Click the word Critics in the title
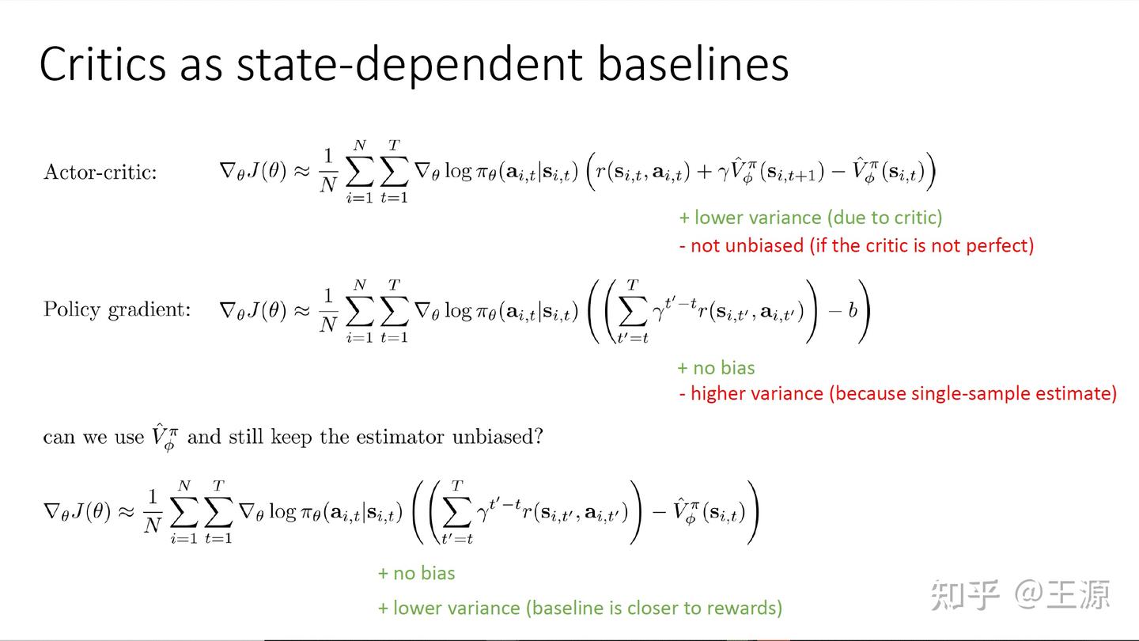click(x=103, y=63)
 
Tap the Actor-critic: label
click(x=100, y=172)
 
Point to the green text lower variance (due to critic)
click(x=811, y=218)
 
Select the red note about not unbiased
click(x=857, y=245)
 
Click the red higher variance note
click(x=898, y=393)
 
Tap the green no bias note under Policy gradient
click(x=716, y=368)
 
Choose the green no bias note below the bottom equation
click(x=416, y=573)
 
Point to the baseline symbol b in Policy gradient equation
click(x=853, y=310)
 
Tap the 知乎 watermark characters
click(x=965, y=595)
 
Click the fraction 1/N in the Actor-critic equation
click(x=328, y=170)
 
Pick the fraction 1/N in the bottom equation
click(x=153, y=510)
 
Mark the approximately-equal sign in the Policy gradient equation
click(x=302, y=310)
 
